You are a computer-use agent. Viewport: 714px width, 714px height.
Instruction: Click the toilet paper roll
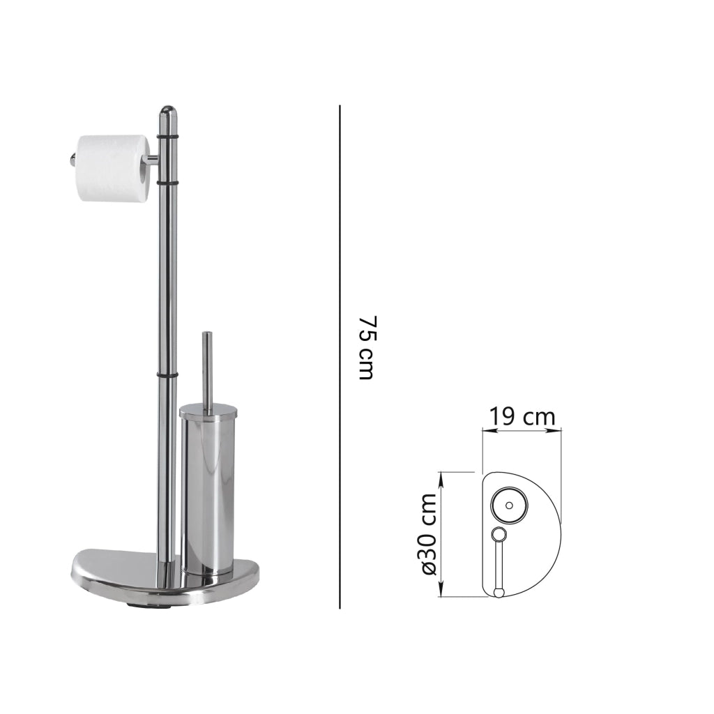(x=114, y=167)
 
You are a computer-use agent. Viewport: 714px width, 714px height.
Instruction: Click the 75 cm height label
(x=367, y=348)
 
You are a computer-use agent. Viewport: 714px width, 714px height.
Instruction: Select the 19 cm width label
(x=522, y=417)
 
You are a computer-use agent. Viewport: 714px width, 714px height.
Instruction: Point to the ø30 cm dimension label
(x=428, y=533)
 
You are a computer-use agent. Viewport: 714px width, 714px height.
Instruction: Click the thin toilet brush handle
(x=207, y=370)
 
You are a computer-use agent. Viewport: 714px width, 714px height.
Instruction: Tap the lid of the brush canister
(x=208, y=413)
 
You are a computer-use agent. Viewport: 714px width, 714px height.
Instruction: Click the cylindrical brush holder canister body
(x=208, y=494)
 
